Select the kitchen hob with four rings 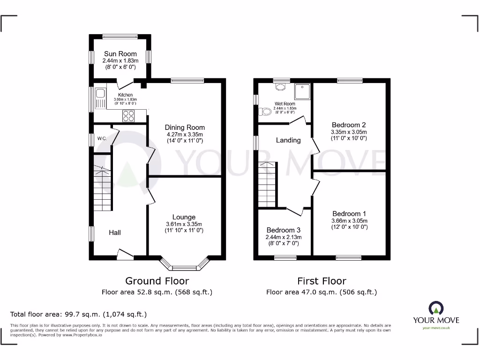click(128, 115)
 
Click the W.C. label click(102, 139)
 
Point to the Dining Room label click(185, 127)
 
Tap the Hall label click(115, 232)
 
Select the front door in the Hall click(125, 255)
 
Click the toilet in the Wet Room click(265, 112)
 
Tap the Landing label click(288, 140)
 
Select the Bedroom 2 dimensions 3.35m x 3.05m click(349, 132)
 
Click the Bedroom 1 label click(349, 214)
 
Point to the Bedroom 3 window click(285, 257)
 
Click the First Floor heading click(322, 281)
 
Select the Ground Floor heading click(157, 281)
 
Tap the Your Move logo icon click(435, 308)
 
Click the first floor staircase click(267, 184)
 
